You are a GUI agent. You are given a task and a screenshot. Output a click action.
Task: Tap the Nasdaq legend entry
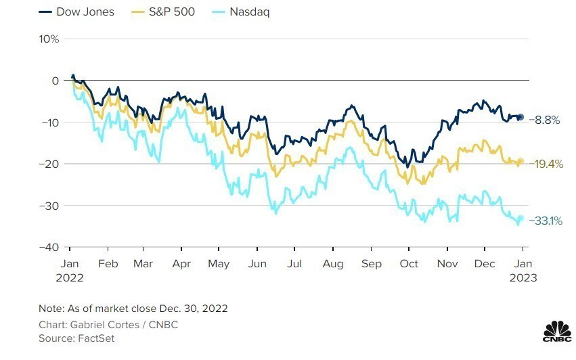point(250,12)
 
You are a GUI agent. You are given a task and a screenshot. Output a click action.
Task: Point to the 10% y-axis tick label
point(49,39)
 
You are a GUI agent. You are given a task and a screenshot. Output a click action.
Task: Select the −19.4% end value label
point(547,164)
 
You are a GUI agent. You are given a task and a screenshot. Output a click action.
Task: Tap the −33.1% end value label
point(546,220)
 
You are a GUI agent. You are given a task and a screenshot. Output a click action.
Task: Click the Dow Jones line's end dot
point(520,117)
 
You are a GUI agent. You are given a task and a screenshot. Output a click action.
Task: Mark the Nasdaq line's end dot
point(520,218)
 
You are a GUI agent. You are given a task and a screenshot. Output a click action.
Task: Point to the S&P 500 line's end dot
point(520,161)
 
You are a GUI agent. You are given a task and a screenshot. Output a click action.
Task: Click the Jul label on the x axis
point(294,263)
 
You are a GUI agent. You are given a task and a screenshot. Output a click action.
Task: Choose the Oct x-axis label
point(408,263)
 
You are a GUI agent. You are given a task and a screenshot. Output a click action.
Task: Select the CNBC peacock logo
point(556,330)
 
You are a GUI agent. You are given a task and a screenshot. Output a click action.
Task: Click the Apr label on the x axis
point(181,263)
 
